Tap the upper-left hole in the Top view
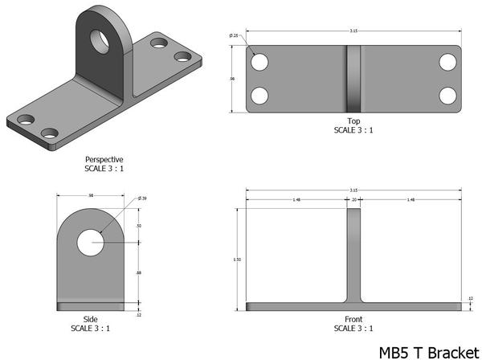(x=259, y=62)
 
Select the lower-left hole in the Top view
(x=259, y=95)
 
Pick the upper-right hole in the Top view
(x=447, y=62)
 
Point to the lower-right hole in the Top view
(x=447, y=95)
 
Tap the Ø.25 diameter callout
(x=234, y=36)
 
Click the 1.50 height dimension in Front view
(x=235, y=260)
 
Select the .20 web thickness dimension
(x=354, y=200)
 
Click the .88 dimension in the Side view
(x=140, y=274)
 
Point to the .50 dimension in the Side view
(x=140, y=227)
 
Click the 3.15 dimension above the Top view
(x=353, y=31)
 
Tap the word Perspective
(x=104, y=159)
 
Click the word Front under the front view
(x=353, y=320)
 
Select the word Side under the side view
(x=91, y=320)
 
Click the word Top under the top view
(x=353, y=121)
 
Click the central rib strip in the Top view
(x=354, y=78)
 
